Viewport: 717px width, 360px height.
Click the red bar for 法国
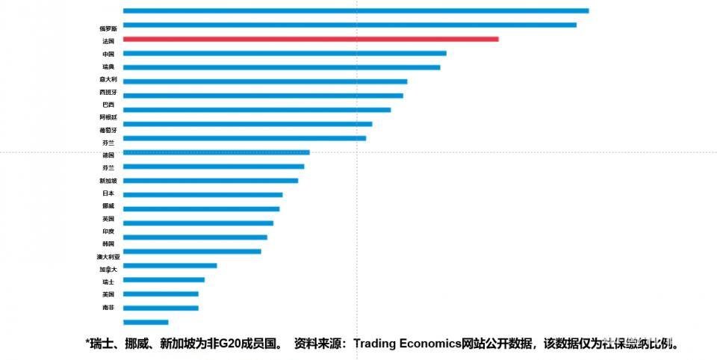click(x=310, y=39)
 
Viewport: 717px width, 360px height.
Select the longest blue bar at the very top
click(x=356, y=10)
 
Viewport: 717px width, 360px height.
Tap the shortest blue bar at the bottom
click(x=146, y=322)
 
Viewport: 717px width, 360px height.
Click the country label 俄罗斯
click(x=108, y=28)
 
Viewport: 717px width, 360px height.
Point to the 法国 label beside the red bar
click(x=108, y=42)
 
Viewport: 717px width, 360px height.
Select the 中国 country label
click(x=108, y=55)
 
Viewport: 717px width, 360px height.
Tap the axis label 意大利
click(x=108, y=79)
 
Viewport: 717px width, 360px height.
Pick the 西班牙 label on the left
click(x=108, y=92)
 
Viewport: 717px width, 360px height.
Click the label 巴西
click(x=108, y=105)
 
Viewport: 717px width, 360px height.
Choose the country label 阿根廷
click(x=108, y=117)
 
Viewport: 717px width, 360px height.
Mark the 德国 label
click(x=108, y=155)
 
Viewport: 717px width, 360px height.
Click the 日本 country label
click(x=108, y=193)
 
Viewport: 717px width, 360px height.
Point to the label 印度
click(x=108, y=232)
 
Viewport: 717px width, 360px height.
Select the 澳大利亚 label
click(x=108, y=257)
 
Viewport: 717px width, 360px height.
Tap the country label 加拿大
click(x=108, y=269)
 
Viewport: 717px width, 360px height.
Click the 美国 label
click(x=108, y=294)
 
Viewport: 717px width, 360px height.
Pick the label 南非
click(x=108, y=307)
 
